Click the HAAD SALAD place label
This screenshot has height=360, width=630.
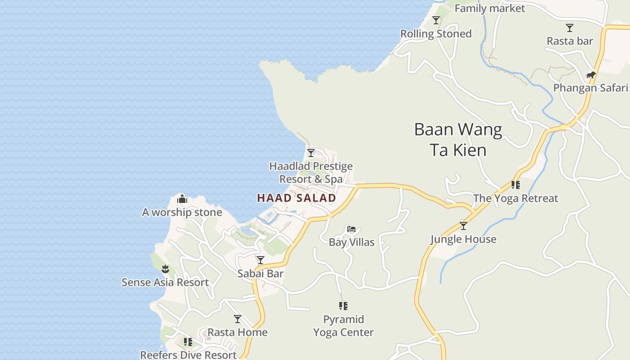[297, 198]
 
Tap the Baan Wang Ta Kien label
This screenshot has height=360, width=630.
[458, 139]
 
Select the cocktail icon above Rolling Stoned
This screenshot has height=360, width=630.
[436, 20]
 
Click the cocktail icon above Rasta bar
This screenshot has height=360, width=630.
[570, 28]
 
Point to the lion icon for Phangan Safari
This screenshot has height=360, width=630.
[590, 75]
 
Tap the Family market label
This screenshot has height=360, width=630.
[490, 9]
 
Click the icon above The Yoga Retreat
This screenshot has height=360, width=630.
[516, 185]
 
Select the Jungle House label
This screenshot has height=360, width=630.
[463, 239]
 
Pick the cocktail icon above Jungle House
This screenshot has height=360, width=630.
[463, 226]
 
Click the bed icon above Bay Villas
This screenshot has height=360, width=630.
[351, 229]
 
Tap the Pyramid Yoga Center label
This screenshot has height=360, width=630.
[343, 326]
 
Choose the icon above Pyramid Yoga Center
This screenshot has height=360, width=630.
[343, 306]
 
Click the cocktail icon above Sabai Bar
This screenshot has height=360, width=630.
[261, 260]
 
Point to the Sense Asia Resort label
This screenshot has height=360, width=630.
[165, 283]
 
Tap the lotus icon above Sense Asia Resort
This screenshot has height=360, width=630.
[165, 269]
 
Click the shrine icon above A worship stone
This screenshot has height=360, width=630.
[182, 199]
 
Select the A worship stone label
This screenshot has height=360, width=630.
[182, 212]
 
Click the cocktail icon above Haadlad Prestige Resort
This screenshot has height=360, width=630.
[311, 153]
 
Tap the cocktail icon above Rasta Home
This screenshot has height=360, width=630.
[238, 319]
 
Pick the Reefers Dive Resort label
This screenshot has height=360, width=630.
[188, 355]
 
